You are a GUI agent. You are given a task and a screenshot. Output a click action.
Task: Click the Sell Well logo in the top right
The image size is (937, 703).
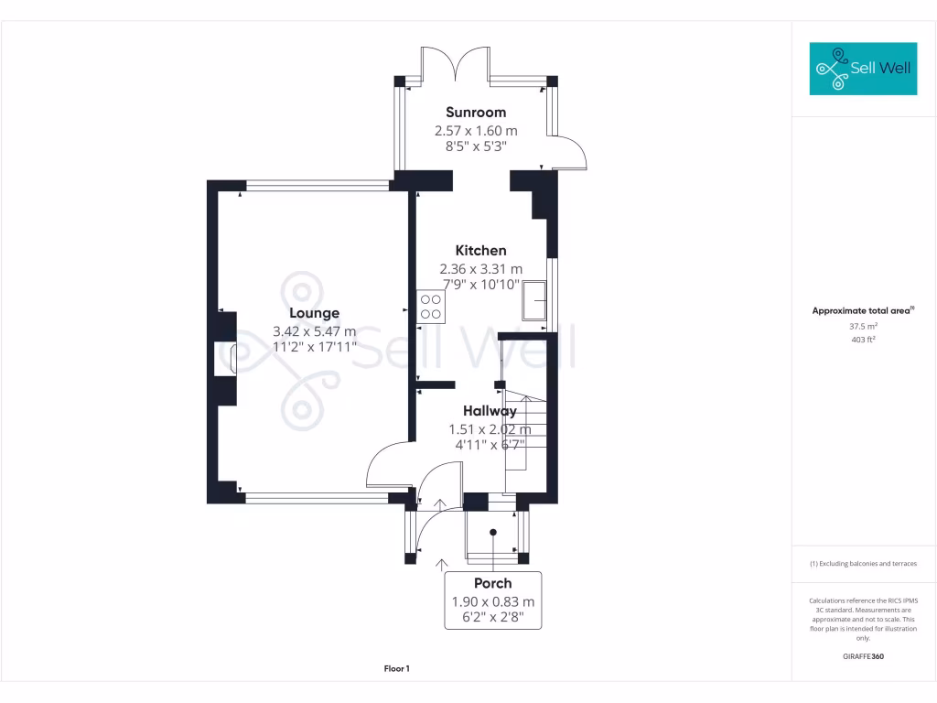point(863,69)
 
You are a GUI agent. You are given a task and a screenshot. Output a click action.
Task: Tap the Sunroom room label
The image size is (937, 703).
point(475,113)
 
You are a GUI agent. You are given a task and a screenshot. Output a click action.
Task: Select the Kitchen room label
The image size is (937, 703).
point(481,250)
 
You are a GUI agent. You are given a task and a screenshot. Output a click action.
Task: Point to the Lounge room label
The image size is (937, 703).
point(314,313)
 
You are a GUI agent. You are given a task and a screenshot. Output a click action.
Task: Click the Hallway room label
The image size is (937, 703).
point(489,411)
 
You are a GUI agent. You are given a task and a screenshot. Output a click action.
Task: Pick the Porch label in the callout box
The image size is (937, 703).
point(492,583)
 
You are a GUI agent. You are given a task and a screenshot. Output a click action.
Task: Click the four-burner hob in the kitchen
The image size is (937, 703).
point(430,307)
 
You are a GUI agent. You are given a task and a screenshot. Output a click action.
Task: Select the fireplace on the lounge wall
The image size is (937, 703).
point(226,357)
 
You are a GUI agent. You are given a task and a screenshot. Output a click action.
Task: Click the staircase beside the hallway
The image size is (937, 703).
point(525,430)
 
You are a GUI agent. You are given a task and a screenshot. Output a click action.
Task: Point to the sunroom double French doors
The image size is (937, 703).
point(457,62)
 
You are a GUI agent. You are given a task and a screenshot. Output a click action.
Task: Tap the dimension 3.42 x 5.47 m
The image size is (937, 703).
point(314,331)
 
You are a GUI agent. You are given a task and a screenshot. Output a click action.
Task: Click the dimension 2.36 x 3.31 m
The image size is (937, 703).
point(481,269)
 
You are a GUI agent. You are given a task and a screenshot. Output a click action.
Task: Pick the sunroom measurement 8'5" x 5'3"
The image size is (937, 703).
point(475,146)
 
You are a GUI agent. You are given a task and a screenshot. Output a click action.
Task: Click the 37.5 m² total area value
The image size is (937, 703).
point(863,326)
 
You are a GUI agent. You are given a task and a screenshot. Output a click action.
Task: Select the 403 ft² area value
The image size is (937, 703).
point(863,340)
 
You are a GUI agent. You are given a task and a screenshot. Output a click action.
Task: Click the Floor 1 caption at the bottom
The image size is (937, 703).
point(396,669)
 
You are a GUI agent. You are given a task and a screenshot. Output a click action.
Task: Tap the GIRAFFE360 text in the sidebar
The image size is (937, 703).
point(863,656)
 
